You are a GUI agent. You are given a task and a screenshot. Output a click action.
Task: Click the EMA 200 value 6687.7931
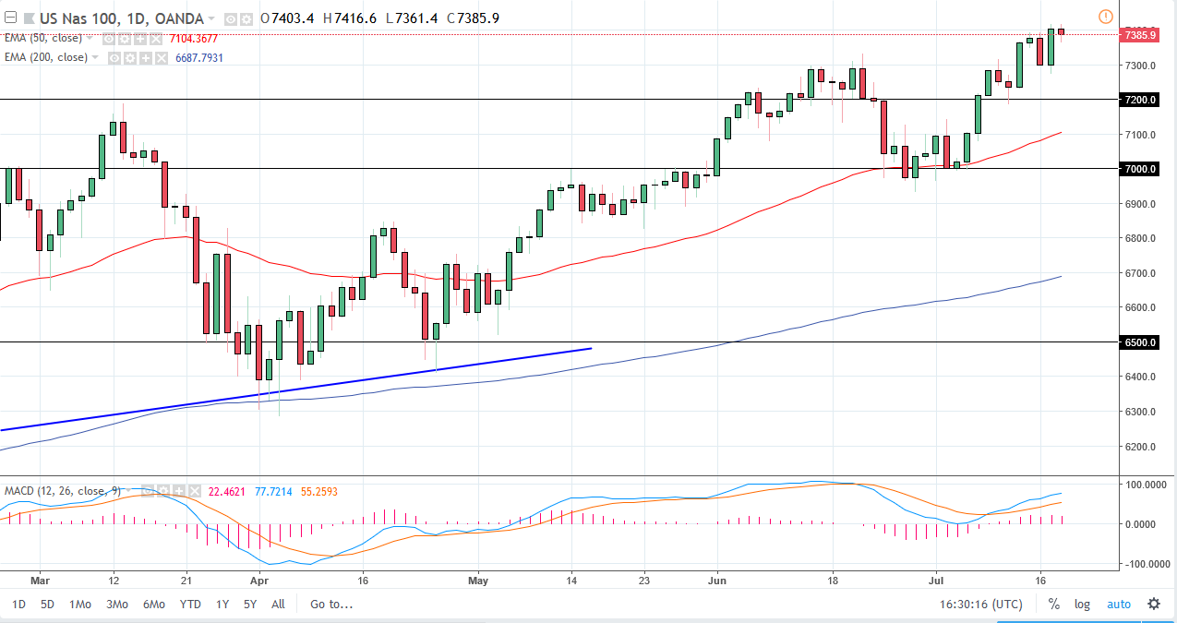point(199,57)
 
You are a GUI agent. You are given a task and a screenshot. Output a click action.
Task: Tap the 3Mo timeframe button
point(116,605)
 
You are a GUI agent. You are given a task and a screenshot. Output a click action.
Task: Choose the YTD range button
point(190,605)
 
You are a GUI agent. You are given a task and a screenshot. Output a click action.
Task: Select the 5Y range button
point(249,605)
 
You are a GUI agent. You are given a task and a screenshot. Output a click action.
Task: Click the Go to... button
point(331,605)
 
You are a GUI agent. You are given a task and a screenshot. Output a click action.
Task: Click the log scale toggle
point(1082,605)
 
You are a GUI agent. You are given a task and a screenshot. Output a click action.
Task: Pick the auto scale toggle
point(1118,605)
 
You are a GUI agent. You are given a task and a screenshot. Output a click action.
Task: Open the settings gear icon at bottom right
point(1154,605)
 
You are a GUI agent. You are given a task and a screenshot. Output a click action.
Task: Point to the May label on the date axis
point(476,581)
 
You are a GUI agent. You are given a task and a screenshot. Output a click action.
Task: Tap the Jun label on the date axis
point(716,581)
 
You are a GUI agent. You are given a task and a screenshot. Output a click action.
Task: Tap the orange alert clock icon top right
point(1106,17)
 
